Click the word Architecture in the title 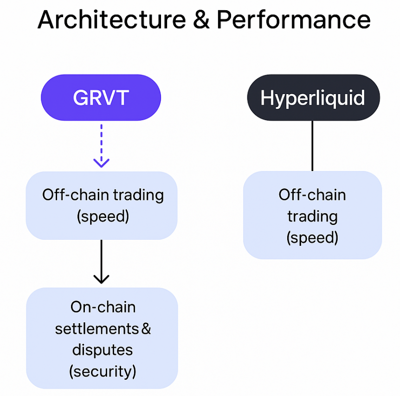tap(112, 19)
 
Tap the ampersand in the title tap(201, 20)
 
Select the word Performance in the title tap(294, 19)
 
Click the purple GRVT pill tap(101, 97)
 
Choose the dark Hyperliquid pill tap(313, 97)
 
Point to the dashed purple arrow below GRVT tap(101, 146)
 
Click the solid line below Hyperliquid tap(312, 146)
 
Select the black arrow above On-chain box tap(101, 262)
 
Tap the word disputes tap(103, 351)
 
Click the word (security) tap(103, 371)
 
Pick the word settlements tap(97, 329)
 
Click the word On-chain tap(103, 307)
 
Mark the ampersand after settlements tap(146, 329)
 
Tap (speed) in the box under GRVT tap(103, 217)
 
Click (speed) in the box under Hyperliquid tap(312, 238)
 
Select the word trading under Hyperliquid tap(312, 217)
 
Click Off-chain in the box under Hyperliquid tap(312, 195)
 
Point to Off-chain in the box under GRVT tap(76, 195)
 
